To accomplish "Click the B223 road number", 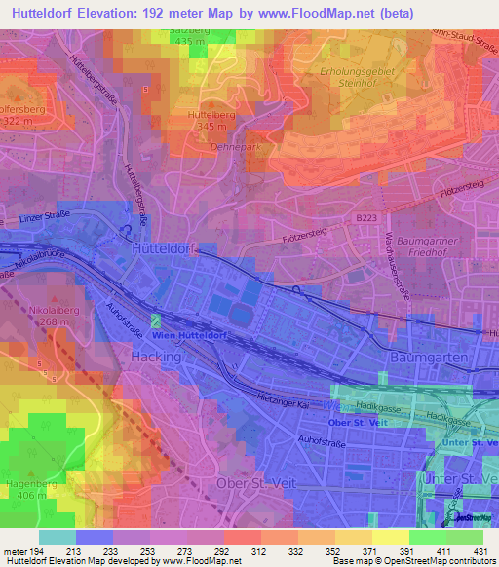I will [x=365, y=220].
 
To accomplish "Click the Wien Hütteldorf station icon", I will [x=155, y=321].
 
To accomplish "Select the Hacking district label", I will [x=155, y=358].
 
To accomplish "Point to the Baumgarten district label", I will [x=430, y=358].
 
